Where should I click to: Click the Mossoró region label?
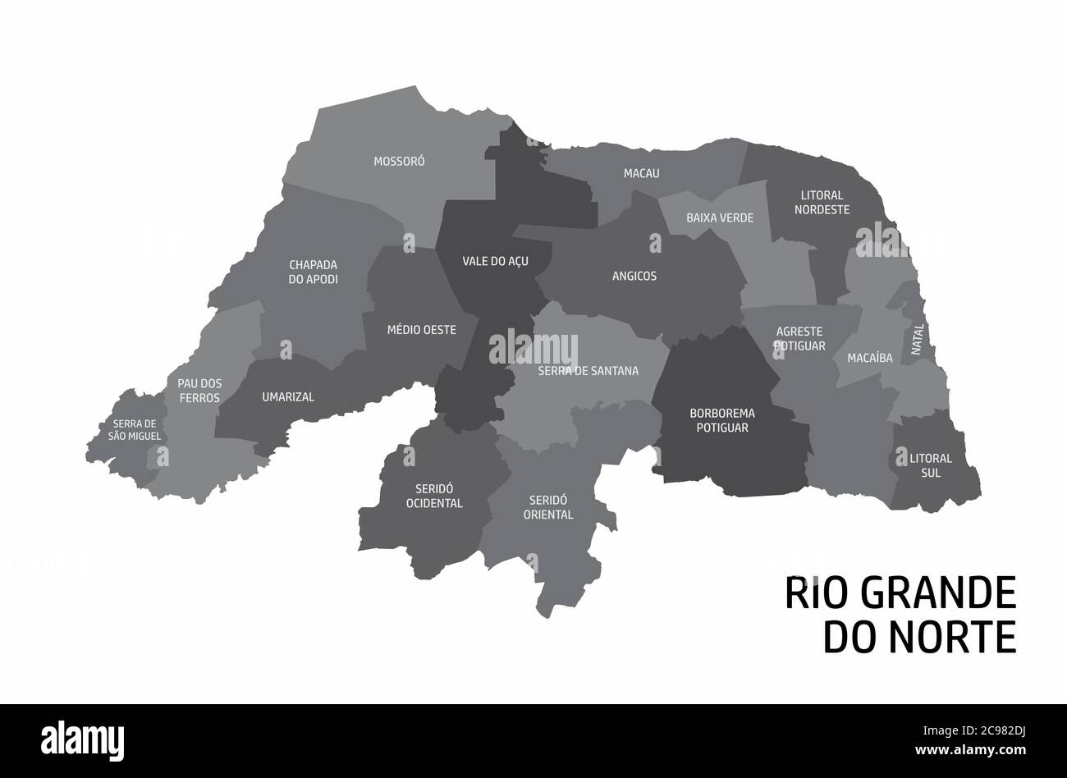coord(399,162)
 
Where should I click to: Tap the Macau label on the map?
coord(641,173)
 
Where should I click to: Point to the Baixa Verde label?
coord(720,217)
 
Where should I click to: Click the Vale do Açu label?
coord(495,261)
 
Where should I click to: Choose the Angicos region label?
coord(634,276)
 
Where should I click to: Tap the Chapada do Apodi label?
coord(314,272)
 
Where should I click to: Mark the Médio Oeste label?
coord(421,329)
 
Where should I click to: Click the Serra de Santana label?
coord(588,370)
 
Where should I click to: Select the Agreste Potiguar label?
coord(800,338)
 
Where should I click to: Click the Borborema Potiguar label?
coord(722,420)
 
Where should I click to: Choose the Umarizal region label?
coord(288,396)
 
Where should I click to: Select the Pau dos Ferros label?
coord(199,390)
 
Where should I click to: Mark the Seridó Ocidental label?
coord(434,496)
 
